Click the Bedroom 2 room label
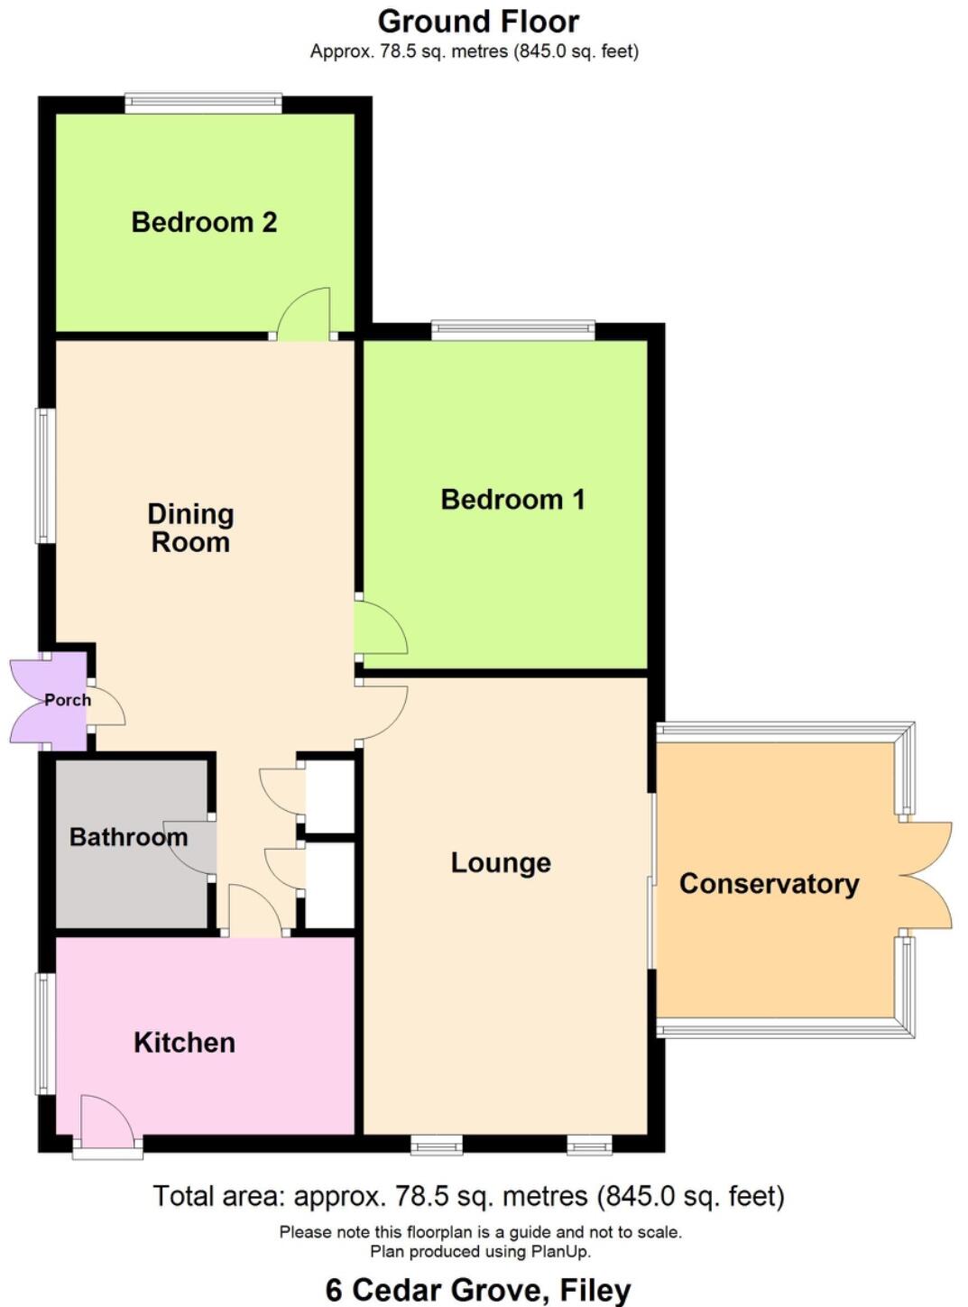[x=204, y=222]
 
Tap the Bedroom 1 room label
[x=512, y=499]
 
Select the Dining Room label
[x=190, y=528]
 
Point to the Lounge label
[x=501, y=862]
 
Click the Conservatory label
[x=769, y=883]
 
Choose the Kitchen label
[x=184, y=1042]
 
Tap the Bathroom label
[x=128, y=837]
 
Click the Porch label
[x=68, y=700]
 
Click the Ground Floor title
[x=478, y=21]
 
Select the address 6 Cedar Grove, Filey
[x=478, y=1289]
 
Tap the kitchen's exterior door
[x=106, y=1123]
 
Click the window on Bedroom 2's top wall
[x=203, y=103]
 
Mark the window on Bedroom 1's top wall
[x=512, y=330]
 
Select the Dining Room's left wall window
[x=45, y=476]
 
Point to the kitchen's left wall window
[x=45, y=1033]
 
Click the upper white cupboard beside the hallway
[x=330, y=796]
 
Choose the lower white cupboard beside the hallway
[x=330, y=886]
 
